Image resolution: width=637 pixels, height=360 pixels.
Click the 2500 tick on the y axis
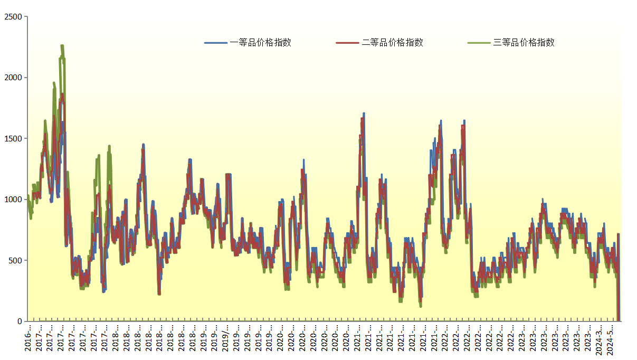point(13,17)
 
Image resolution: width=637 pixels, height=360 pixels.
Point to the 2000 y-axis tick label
point(13,78)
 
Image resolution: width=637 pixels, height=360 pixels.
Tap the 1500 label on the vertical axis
point(13,138)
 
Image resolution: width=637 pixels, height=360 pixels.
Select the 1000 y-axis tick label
point(13,200)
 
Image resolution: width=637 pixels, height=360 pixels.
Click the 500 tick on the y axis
point(15,260)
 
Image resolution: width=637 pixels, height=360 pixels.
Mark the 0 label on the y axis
point(20,321)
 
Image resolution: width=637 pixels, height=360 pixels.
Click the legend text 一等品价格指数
point(261,43)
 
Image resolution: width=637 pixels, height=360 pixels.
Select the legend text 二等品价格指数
point(392,43)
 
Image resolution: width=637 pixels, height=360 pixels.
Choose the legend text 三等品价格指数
point(524,43)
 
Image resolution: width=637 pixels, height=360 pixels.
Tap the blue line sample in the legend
point(216,43)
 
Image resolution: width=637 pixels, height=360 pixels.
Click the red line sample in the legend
point(347,43)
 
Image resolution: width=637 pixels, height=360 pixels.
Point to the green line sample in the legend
point(479,43)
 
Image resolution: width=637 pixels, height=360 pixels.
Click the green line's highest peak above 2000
point(62,46)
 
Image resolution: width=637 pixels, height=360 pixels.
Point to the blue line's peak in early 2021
point(364,113)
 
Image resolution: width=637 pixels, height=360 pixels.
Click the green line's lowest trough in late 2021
point(421,306)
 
